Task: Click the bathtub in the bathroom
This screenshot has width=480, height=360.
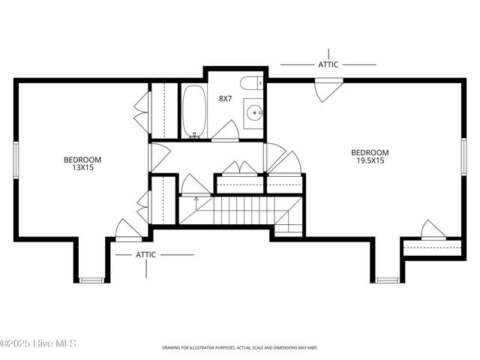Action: [193, 112]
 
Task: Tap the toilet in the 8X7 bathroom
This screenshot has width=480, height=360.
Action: [250, 83]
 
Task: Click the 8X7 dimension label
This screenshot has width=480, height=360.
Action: [225, 98]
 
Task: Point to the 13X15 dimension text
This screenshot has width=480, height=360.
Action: [82, 168]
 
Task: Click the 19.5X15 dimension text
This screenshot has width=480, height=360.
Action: [370, 160]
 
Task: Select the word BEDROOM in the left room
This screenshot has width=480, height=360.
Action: [82, 159]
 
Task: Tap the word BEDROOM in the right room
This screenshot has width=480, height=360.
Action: [370, 152]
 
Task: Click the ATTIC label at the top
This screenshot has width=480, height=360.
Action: [328, 64]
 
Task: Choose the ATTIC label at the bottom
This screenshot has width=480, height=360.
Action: [146, 254]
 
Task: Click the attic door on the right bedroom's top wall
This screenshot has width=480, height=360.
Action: [328, 89]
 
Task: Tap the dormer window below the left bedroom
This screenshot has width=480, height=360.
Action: [91, 280]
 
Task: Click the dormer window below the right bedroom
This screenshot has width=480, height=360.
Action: [387, 280]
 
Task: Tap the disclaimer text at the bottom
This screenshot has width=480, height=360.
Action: [240, 348]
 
